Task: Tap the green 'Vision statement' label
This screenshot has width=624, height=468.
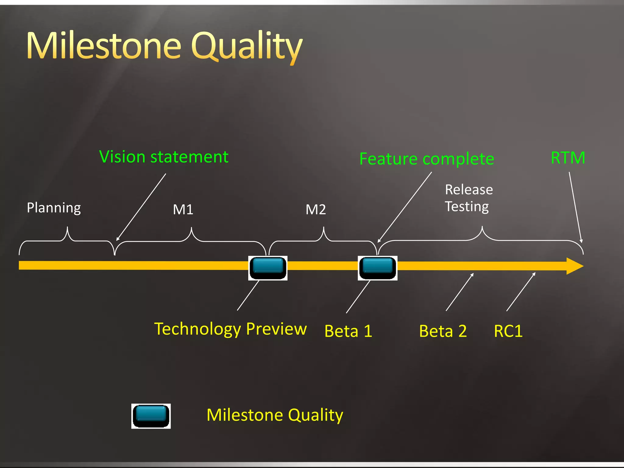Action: point(164,157)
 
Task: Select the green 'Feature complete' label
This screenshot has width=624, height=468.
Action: point(427,159)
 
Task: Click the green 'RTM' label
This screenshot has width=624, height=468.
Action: point(568,158)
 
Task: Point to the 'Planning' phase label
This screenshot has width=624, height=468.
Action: point(54,208)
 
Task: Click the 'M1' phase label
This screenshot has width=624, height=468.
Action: point(183,210)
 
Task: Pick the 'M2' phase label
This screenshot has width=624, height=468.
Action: point(316,210)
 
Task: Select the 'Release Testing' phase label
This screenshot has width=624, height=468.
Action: point(468,198)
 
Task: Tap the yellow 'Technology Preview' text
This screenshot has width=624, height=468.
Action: point(230,329)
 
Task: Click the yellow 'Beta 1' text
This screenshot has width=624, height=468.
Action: point(348,331)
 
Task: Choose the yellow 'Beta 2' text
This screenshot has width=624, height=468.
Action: point(443,331)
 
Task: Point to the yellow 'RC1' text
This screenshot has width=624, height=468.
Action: point(508,331)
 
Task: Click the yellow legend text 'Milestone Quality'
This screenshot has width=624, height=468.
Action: point(275,415)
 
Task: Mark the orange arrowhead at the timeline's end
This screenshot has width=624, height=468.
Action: point(574,266)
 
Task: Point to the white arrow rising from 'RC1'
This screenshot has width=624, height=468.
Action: point(521,292)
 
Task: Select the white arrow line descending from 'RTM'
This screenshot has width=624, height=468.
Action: point(575,207)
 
